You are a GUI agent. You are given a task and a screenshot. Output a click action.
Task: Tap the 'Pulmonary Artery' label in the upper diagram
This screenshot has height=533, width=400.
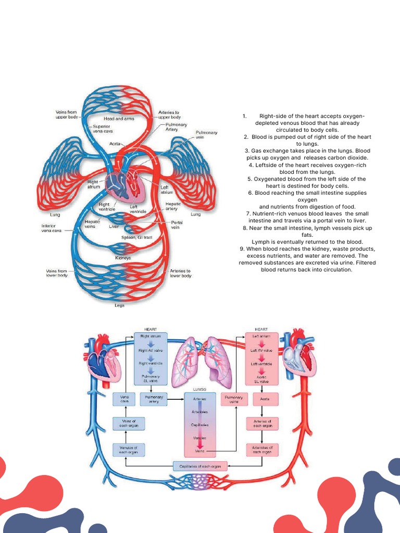tap(176, 127)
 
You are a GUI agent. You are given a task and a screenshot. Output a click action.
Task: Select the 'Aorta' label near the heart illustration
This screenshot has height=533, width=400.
tap(115, 144)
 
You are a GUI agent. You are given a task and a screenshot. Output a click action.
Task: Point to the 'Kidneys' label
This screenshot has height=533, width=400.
tap(123, 258)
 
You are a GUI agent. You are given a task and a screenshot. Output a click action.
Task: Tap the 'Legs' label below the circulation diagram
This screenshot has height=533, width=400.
tap(119, 305)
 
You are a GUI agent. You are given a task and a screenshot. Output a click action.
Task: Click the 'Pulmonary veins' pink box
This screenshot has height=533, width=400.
tap(234, 399)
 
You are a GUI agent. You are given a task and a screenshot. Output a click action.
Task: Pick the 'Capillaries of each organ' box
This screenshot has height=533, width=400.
tap(200, 466)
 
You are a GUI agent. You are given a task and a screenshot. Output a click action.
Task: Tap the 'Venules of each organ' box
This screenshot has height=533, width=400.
tap(128, 450)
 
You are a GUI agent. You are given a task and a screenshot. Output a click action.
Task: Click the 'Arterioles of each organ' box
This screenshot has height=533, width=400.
tap(262, 450)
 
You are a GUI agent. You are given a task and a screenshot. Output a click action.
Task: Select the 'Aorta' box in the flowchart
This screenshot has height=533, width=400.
tap(262, 399)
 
